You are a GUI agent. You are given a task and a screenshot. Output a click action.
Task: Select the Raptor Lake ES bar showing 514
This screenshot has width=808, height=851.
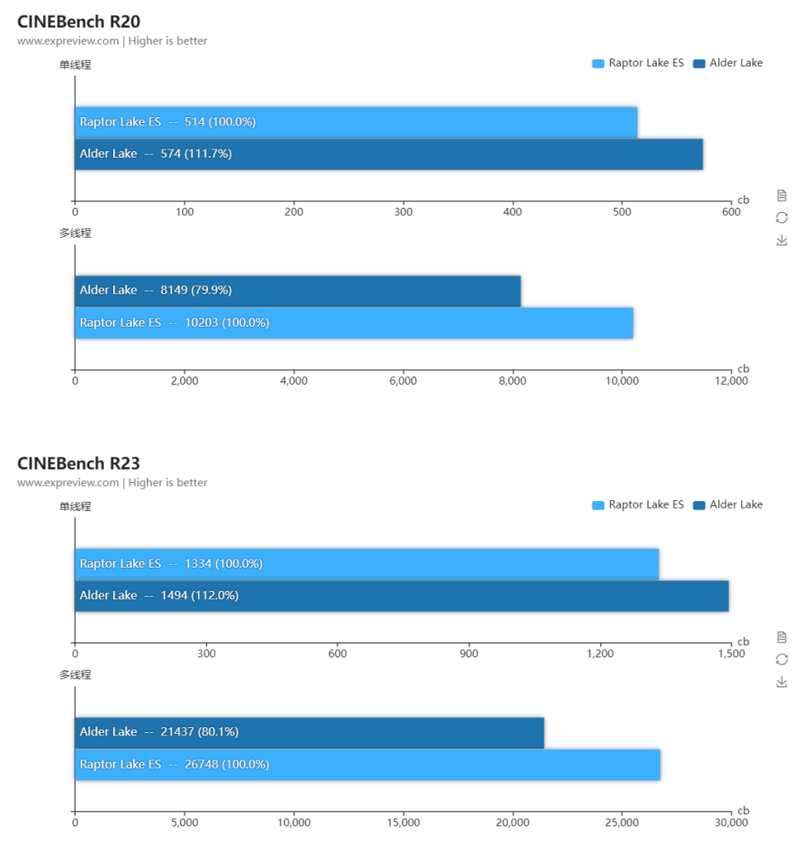(x=356, y=122)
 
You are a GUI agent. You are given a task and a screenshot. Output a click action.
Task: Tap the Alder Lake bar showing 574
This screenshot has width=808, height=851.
(x=388, y=154)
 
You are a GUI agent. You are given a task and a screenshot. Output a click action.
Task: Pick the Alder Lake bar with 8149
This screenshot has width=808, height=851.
(x=298, y=291)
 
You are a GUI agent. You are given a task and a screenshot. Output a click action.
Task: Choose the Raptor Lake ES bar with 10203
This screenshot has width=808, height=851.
(x=353, y=322)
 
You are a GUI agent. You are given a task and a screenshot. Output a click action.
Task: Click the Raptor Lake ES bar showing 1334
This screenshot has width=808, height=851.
(x=367, y=563)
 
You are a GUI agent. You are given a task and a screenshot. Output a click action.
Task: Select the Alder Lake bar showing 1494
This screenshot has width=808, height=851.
(x=402, y=596)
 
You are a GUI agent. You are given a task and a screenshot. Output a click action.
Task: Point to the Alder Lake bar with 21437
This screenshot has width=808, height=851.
(x=309, y=732)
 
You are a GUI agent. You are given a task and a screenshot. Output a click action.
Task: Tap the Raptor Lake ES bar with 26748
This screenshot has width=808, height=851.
(x=367, y=765)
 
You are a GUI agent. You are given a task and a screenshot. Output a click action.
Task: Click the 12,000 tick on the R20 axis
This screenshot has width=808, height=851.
(x=731, y=381)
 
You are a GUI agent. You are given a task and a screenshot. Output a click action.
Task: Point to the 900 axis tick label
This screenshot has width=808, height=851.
(x=469, y=654)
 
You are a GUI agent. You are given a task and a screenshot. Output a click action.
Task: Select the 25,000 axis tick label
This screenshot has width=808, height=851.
(x=622, y=823)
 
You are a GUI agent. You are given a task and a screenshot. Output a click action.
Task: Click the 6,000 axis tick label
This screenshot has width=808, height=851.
(x=403, y=381)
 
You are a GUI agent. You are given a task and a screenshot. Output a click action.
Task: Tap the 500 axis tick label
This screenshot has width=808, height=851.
(x=622, y=212)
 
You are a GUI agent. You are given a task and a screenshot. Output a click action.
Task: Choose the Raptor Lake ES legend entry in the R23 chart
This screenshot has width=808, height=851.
(x=638, y=504)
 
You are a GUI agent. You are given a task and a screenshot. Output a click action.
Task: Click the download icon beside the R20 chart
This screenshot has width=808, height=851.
(x=781, y=240)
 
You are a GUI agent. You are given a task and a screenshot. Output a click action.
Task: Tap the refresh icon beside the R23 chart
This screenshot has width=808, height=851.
(x=781, y=659)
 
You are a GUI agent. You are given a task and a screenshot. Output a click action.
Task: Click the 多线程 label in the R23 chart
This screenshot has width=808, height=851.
(x=75, y=675)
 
